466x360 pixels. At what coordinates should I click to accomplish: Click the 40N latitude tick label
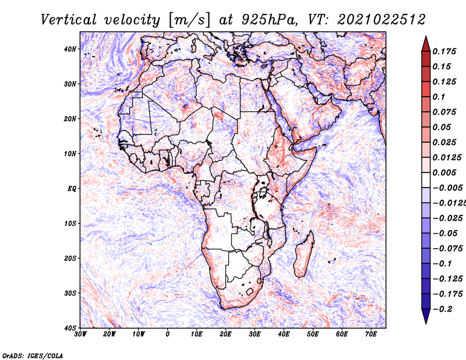(x=70, y=49)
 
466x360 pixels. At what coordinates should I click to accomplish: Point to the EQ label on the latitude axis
(x=72, y=189)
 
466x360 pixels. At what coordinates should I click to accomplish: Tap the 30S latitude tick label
(x=70, y=294)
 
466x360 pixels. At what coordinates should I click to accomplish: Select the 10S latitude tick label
(x=70, y=224)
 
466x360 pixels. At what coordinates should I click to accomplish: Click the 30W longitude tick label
(x=80, y=334)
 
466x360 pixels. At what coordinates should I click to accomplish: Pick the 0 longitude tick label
(x=168, y=334)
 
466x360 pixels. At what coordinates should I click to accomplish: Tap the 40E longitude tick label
(x=284, y=334)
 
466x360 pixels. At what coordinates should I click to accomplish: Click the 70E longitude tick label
(x=371, y=334)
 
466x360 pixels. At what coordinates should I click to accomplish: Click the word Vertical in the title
(x=69, y=20)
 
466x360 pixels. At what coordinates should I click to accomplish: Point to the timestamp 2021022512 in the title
(x=382, y=20)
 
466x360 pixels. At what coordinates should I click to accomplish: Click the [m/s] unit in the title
(x=189, y=20)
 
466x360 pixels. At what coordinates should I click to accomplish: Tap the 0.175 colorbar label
(x=444, y=51)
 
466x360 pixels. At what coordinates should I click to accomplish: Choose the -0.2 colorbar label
(x=442, y=309)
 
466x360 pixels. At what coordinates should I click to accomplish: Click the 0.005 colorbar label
(x=444, y=172)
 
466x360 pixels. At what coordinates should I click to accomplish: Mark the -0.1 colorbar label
(x=442, y=264)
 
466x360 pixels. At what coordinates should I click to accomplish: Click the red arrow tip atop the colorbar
(x=426, y=37)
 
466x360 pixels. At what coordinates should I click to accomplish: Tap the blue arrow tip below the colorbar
(x=426, y=323)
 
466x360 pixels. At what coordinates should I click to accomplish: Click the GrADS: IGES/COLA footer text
(x=33, y=356)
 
